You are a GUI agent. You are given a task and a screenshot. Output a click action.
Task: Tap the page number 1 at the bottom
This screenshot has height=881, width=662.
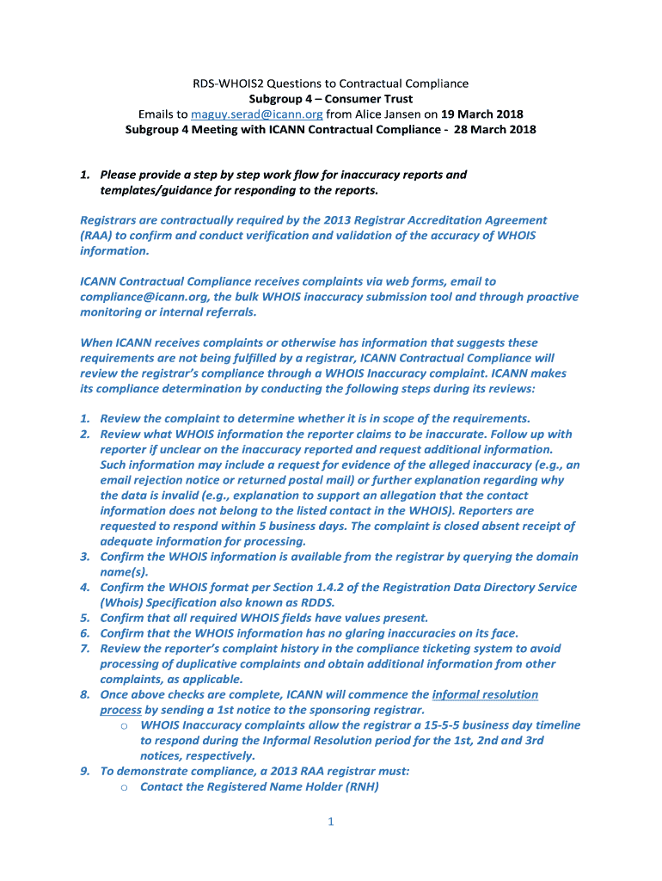click(x=330, y=822)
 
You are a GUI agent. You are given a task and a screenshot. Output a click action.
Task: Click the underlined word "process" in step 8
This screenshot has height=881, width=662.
click(x=120, y=710)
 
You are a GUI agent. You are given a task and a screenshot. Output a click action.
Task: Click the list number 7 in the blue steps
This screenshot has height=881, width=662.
click(x=85, y=649)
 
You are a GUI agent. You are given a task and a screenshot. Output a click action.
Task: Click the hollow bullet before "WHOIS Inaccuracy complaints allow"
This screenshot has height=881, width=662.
click(x=125, y=726)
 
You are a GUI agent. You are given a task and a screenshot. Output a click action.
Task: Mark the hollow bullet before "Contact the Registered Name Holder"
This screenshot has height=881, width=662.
click(x=125, y=787)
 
